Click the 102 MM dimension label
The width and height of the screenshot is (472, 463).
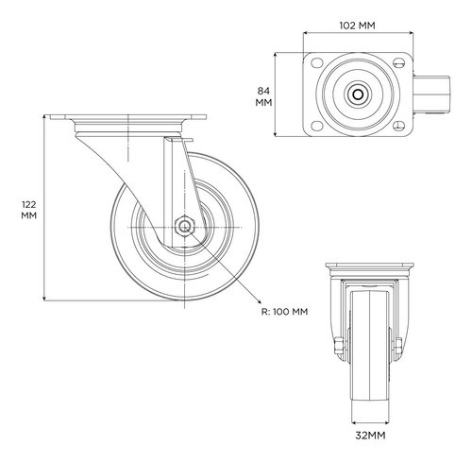tap(357, 26)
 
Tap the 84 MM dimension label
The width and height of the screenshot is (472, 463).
tap(263, 96)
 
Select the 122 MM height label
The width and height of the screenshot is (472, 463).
tap(29, 210)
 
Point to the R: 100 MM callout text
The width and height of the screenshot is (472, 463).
tap(285, 312)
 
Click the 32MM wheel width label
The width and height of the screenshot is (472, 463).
tap(370, 436)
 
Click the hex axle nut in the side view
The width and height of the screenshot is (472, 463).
tap(185, 227)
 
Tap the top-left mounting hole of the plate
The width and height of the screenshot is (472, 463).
tap(317, 62)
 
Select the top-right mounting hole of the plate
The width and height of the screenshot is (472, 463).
tap(399, 63)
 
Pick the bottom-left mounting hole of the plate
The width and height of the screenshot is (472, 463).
tap(317, 126)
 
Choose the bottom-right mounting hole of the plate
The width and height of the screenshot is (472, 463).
tap(399, 126)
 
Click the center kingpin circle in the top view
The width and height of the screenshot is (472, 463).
tap(358, 94)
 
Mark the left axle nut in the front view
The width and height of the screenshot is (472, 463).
tap(338, 346)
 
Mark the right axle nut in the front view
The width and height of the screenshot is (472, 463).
tap(398, 346)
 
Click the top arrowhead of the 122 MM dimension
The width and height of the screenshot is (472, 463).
tap(44, 117)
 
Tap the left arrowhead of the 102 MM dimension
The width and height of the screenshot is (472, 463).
tap(306, 32)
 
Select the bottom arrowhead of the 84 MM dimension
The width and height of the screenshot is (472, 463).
tap(276, 134)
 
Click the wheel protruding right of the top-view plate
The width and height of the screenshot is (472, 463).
tap(431, 94)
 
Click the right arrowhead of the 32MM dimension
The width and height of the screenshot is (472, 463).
tap(387, 422)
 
